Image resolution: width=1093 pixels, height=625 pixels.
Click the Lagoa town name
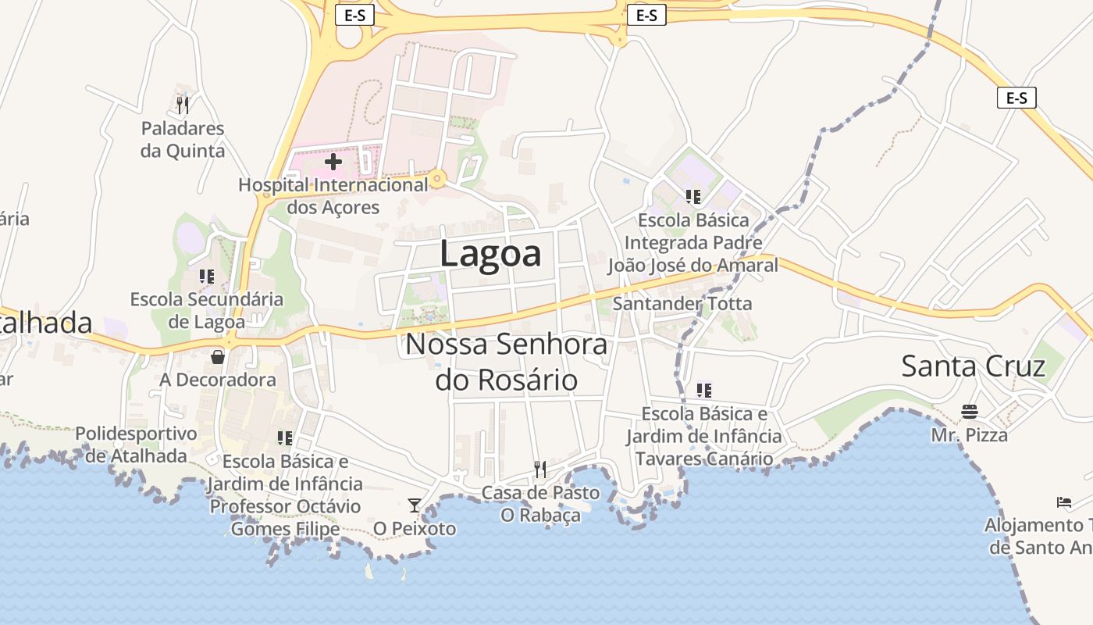pos(490,254)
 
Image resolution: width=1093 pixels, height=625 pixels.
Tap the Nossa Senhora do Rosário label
pos(506,362)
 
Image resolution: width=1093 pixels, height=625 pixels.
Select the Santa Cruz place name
pos(973,366)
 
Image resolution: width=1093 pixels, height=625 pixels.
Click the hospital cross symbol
pos(333,162)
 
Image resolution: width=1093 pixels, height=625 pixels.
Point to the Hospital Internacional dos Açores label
pos(333,196)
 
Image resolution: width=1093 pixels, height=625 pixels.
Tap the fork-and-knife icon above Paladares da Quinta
pos(183,105)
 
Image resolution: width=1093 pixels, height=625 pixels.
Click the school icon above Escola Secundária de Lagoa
pos(206,276)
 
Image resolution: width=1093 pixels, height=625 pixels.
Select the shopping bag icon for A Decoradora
pos(218,357)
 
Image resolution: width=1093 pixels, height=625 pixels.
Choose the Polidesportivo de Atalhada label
pos(136,445)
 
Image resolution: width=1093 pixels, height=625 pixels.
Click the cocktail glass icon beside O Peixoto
pos(415,505)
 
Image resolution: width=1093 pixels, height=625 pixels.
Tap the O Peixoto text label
pos(415,529)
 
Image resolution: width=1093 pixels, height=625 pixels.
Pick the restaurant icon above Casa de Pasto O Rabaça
pos(540,469)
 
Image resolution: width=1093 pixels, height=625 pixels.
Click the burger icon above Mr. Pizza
pos(970,412)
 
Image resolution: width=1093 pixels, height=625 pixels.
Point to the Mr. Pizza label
pos(970,434)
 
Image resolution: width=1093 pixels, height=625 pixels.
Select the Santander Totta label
pos(682,303)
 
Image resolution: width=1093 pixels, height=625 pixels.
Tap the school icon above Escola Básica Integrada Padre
pos(692,196)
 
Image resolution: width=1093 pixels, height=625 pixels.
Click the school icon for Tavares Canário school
pos(704,390)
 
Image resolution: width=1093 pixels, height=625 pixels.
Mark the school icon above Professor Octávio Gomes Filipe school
pos(285,438)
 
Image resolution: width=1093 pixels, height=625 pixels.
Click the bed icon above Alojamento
pos(1063,502)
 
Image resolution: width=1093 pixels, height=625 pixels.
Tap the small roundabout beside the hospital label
pos(437,180)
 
